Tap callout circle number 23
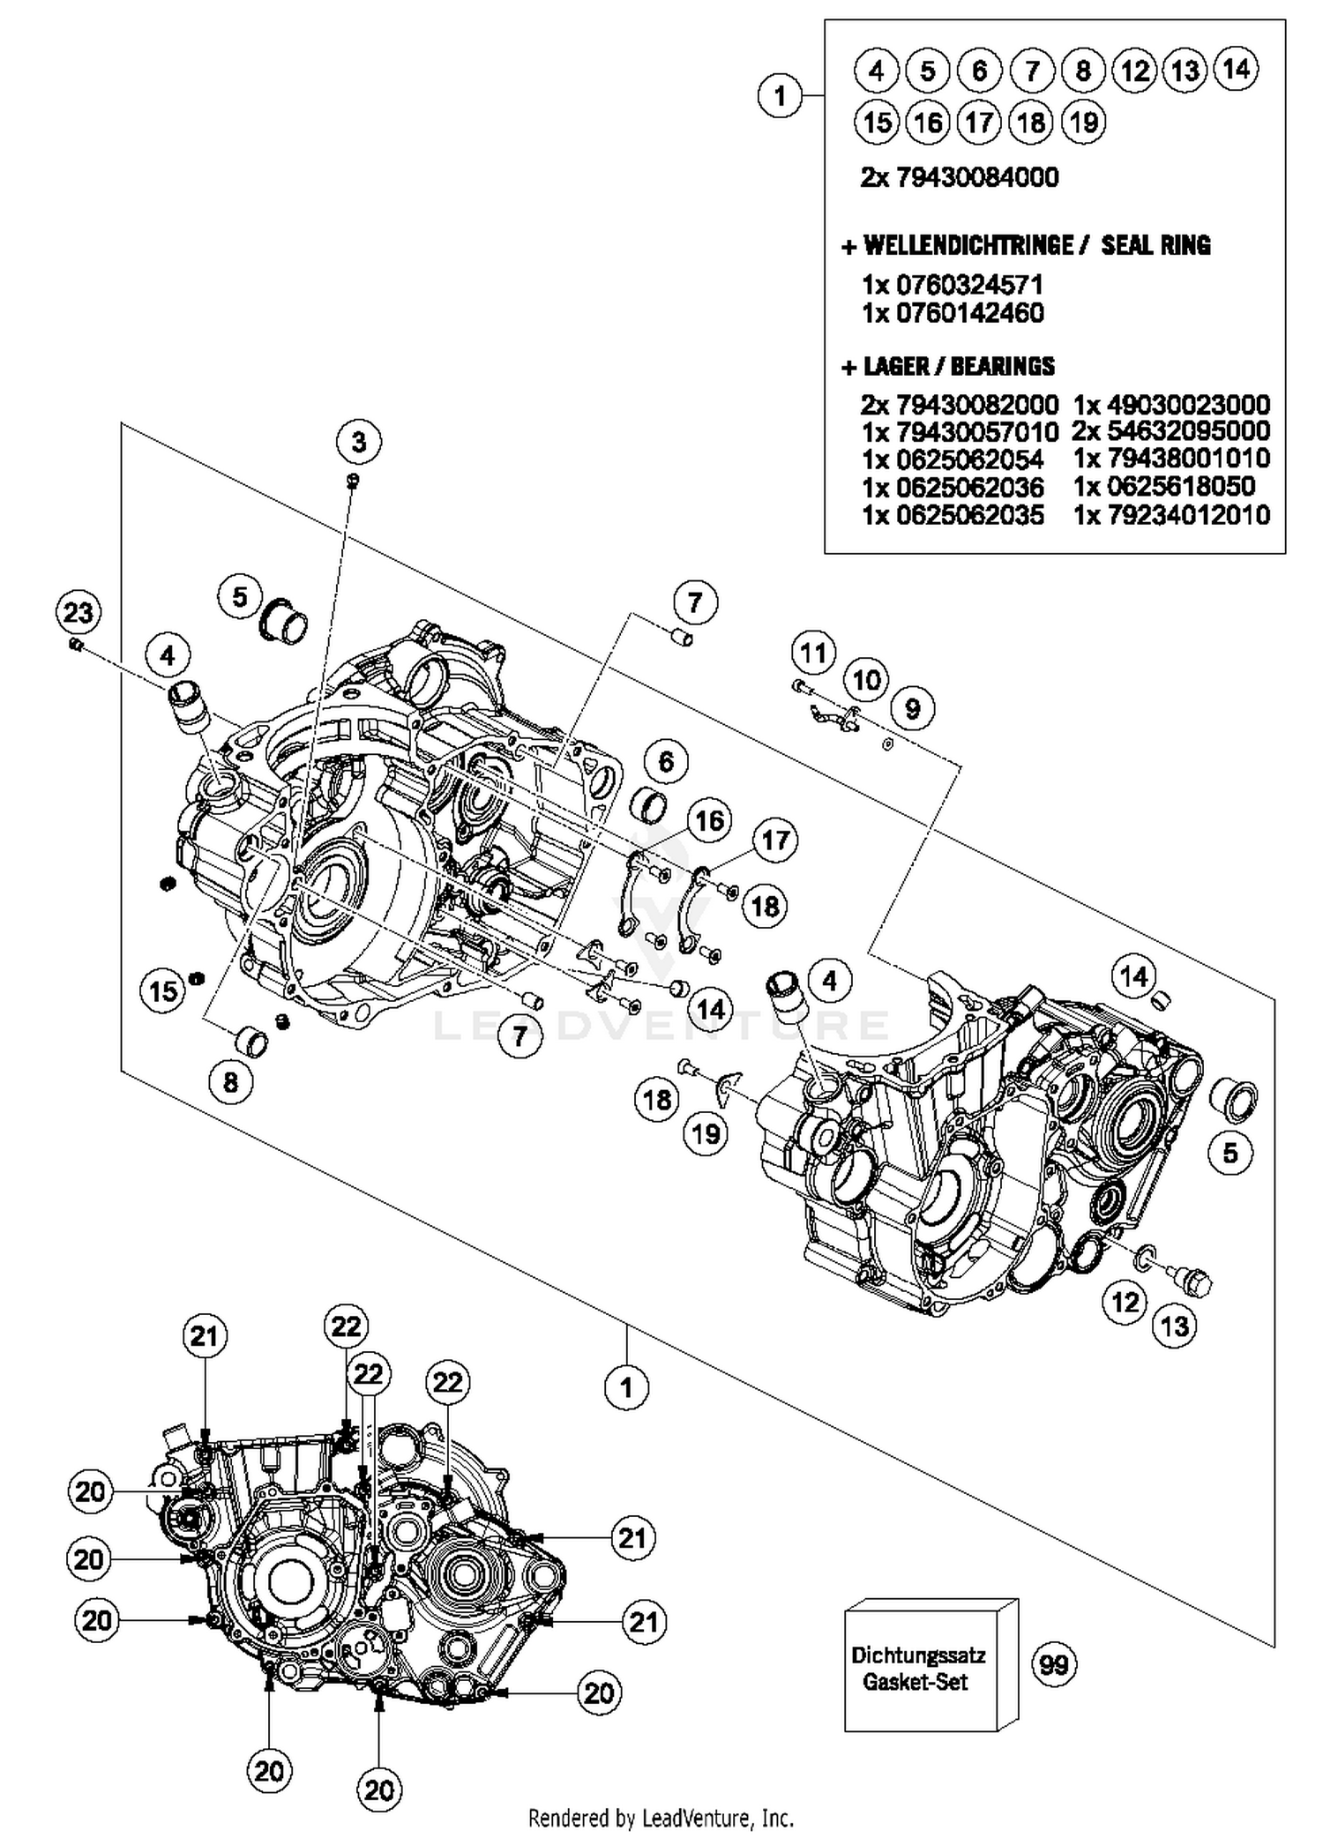click(78, 612)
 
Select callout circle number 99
click(1054, 1665)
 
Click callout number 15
click(163, 990)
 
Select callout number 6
click(666, 761)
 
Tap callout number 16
click(710, 821)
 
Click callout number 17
click(774, 840)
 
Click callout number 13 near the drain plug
click(1175, 1326)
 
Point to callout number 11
click(812, 654)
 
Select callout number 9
click(912, 708)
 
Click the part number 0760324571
click(968, 285)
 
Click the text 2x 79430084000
click(959, 177)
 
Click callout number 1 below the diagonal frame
click(626, 1388)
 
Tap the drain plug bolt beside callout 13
click(1191, 1281)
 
